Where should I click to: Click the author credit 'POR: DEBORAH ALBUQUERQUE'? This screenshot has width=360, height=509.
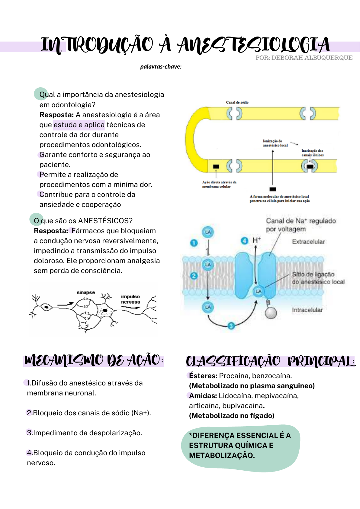tap(304, 58)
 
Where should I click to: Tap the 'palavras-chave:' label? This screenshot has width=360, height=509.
tap(161, 66)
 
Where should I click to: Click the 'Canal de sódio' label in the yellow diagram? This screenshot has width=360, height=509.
tap(237, 102)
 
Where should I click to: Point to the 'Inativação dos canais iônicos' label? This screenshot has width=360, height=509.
tap(312, 153)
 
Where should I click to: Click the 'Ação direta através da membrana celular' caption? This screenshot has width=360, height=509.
tap(219, 184)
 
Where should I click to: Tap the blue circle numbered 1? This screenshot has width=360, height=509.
tap(194, 243)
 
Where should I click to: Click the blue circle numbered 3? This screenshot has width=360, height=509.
tap(231, 326)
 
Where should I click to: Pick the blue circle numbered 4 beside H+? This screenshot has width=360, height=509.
tap(244, 240)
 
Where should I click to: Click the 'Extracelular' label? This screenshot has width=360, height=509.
tap(308, 242)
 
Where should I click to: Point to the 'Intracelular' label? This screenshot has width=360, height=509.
tap(307, 310)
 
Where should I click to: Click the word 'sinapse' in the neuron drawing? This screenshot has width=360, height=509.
tap(86, 292)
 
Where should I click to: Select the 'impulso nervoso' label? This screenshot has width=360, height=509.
tap(130, 299)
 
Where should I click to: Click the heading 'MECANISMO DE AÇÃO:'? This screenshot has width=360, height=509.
tap(94, 360)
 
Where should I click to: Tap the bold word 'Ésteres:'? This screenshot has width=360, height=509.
tap(203, 376)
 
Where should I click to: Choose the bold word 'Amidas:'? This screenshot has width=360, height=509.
tap(203, 396)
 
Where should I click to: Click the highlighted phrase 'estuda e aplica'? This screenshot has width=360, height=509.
tap(79, 125)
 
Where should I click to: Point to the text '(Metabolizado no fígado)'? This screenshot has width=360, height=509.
tap(232, 416)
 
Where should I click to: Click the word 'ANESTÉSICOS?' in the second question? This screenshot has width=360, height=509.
tap(105, 221)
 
